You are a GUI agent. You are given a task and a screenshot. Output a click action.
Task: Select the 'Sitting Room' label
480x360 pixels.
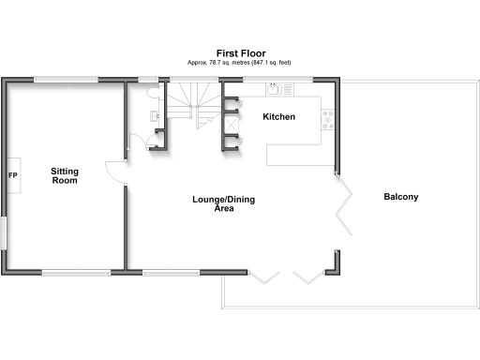(65, 175)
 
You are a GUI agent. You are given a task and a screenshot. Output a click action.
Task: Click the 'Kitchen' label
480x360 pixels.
(278, 117)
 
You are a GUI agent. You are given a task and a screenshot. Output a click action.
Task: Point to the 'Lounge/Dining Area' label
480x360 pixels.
(223, 204)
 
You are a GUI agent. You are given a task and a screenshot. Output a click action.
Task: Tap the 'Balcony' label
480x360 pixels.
(400, 197)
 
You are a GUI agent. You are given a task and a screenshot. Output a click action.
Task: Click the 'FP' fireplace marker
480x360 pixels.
(13, 175)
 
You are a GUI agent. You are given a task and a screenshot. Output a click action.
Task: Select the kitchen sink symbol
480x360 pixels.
(275, 90)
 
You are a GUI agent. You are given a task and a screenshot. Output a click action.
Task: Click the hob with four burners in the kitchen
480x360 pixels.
(328, 118)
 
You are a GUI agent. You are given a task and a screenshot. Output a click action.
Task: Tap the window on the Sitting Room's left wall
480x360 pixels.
(3, 232)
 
